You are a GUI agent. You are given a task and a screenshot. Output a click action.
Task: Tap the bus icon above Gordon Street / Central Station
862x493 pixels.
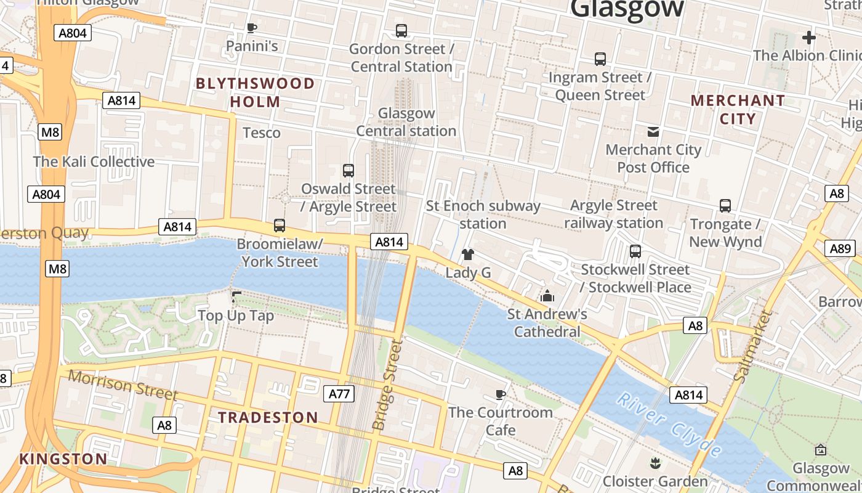pyautogui.click(x=401, y=30)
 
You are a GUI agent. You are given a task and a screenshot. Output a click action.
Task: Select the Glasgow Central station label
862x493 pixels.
pyautogui.click(x=406, y=122)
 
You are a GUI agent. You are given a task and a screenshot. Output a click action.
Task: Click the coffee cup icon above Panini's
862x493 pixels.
pyautogui.click(x=251, y=27)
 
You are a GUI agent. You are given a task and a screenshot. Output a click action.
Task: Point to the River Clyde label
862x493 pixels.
pyautogui.click(x=669, y=425)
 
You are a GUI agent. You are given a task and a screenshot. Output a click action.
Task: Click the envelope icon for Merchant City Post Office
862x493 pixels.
pyautogui.click(x=653, y=131)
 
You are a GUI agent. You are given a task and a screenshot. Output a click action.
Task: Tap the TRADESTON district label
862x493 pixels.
pyautogui.click(x=268, y=417)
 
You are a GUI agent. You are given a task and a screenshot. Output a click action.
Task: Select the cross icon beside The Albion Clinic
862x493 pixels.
pyautogui.click(x=808, y=38)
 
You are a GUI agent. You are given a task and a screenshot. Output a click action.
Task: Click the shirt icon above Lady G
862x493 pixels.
pyautogui.click(x=468, y=254)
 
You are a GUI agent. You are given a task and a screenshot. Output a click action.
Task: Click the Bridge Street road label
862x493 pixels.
pyautogui.click(x=388, y=385)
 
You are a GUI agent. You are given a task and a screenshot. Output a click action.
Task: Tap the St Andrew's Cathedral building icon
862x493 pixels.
pyautogui.click(x=547, y=296)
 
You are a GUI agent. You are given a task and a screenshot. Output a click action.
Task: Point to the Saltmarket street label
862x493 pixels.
pyautogui.click(x=753, y=346)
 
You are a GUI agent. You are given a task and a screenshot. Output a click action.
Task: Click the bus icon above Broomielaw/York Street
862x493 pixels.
pyautogui.click(x=280, y=226)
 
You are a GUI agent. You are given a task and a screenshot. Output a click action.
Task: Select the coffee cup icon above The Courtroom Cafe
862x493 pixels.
pyautogui.click(x=501, y=394)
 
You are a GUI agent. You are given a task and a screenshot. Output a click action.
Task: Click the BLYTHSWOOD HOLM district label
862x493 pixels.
pyautogui.click(x=255, y=92)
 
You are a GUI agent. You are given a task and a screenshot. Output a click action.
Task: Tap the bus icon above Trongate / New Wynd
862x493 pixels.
pyautogui.click(x=725, y=206)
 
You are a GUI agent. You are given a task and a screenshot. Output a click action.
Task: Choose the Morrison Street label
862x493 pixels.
pyautogui.click(x=123, y=385)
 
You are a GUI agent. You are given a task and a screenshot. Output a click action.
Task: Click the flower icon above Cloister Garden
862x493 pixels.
pyautogui.click(x=655, y=462)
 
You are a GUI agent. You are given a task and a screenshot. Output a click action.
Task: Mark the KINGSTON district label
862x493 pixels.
pyautogui.click(x=63, y=458)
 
